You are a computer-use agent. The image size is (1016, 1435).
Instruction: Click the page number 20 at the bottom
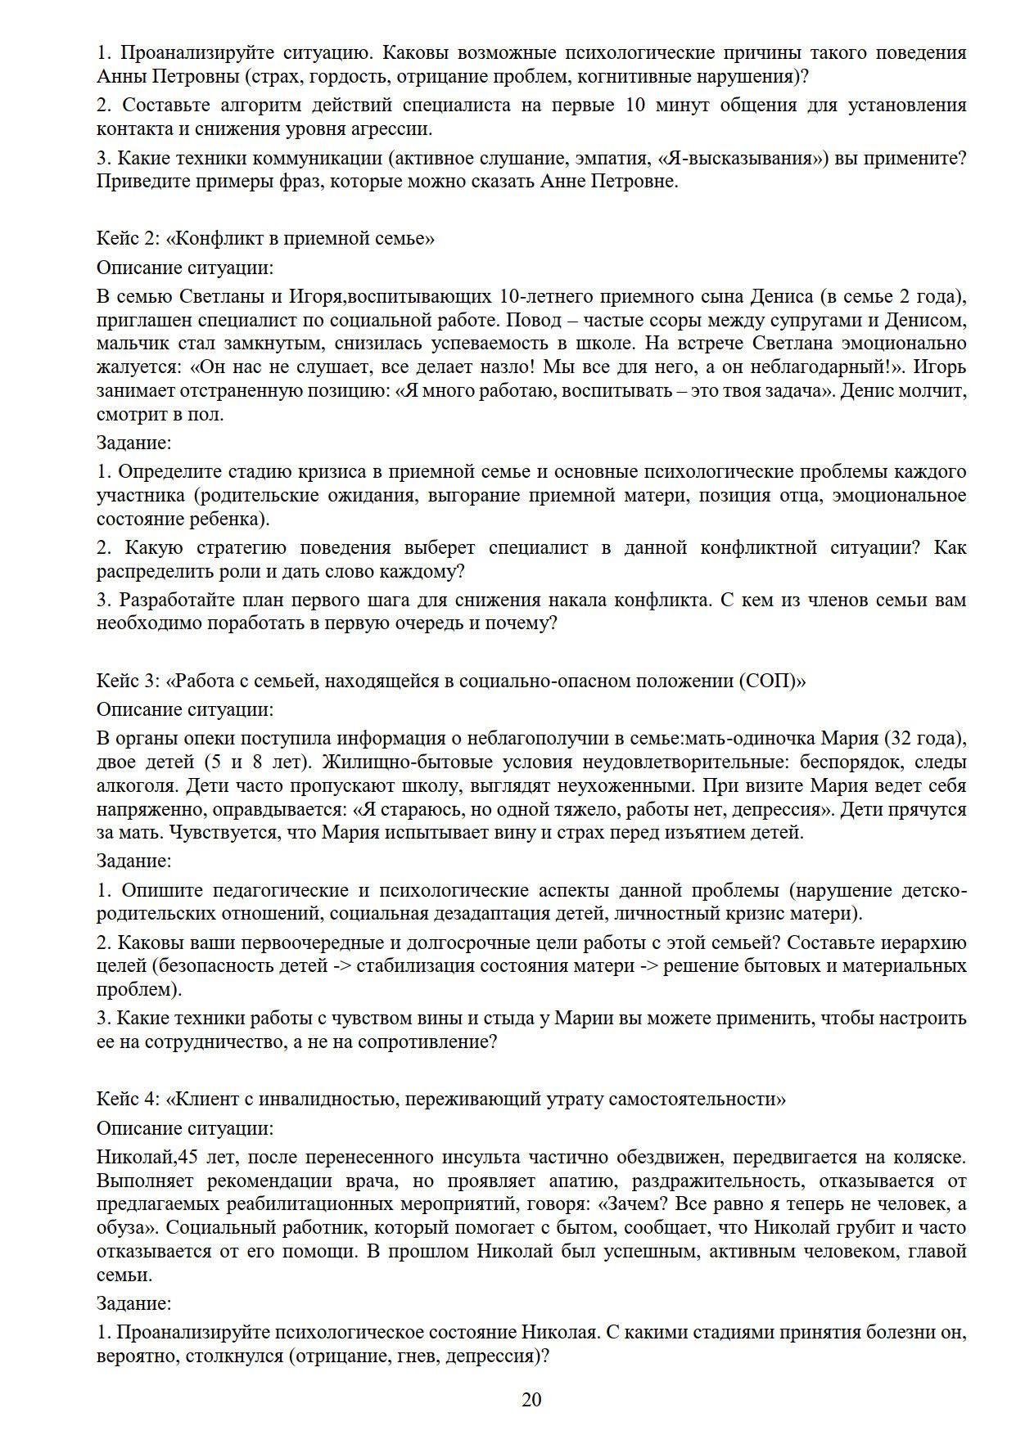click(x=531, y=1400)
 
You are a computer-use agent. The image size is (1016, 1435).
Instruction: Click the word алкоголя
click(x=135, y=786)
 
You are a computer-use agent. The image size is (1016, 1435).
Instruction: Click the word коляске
click(x=930, y=1158)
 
